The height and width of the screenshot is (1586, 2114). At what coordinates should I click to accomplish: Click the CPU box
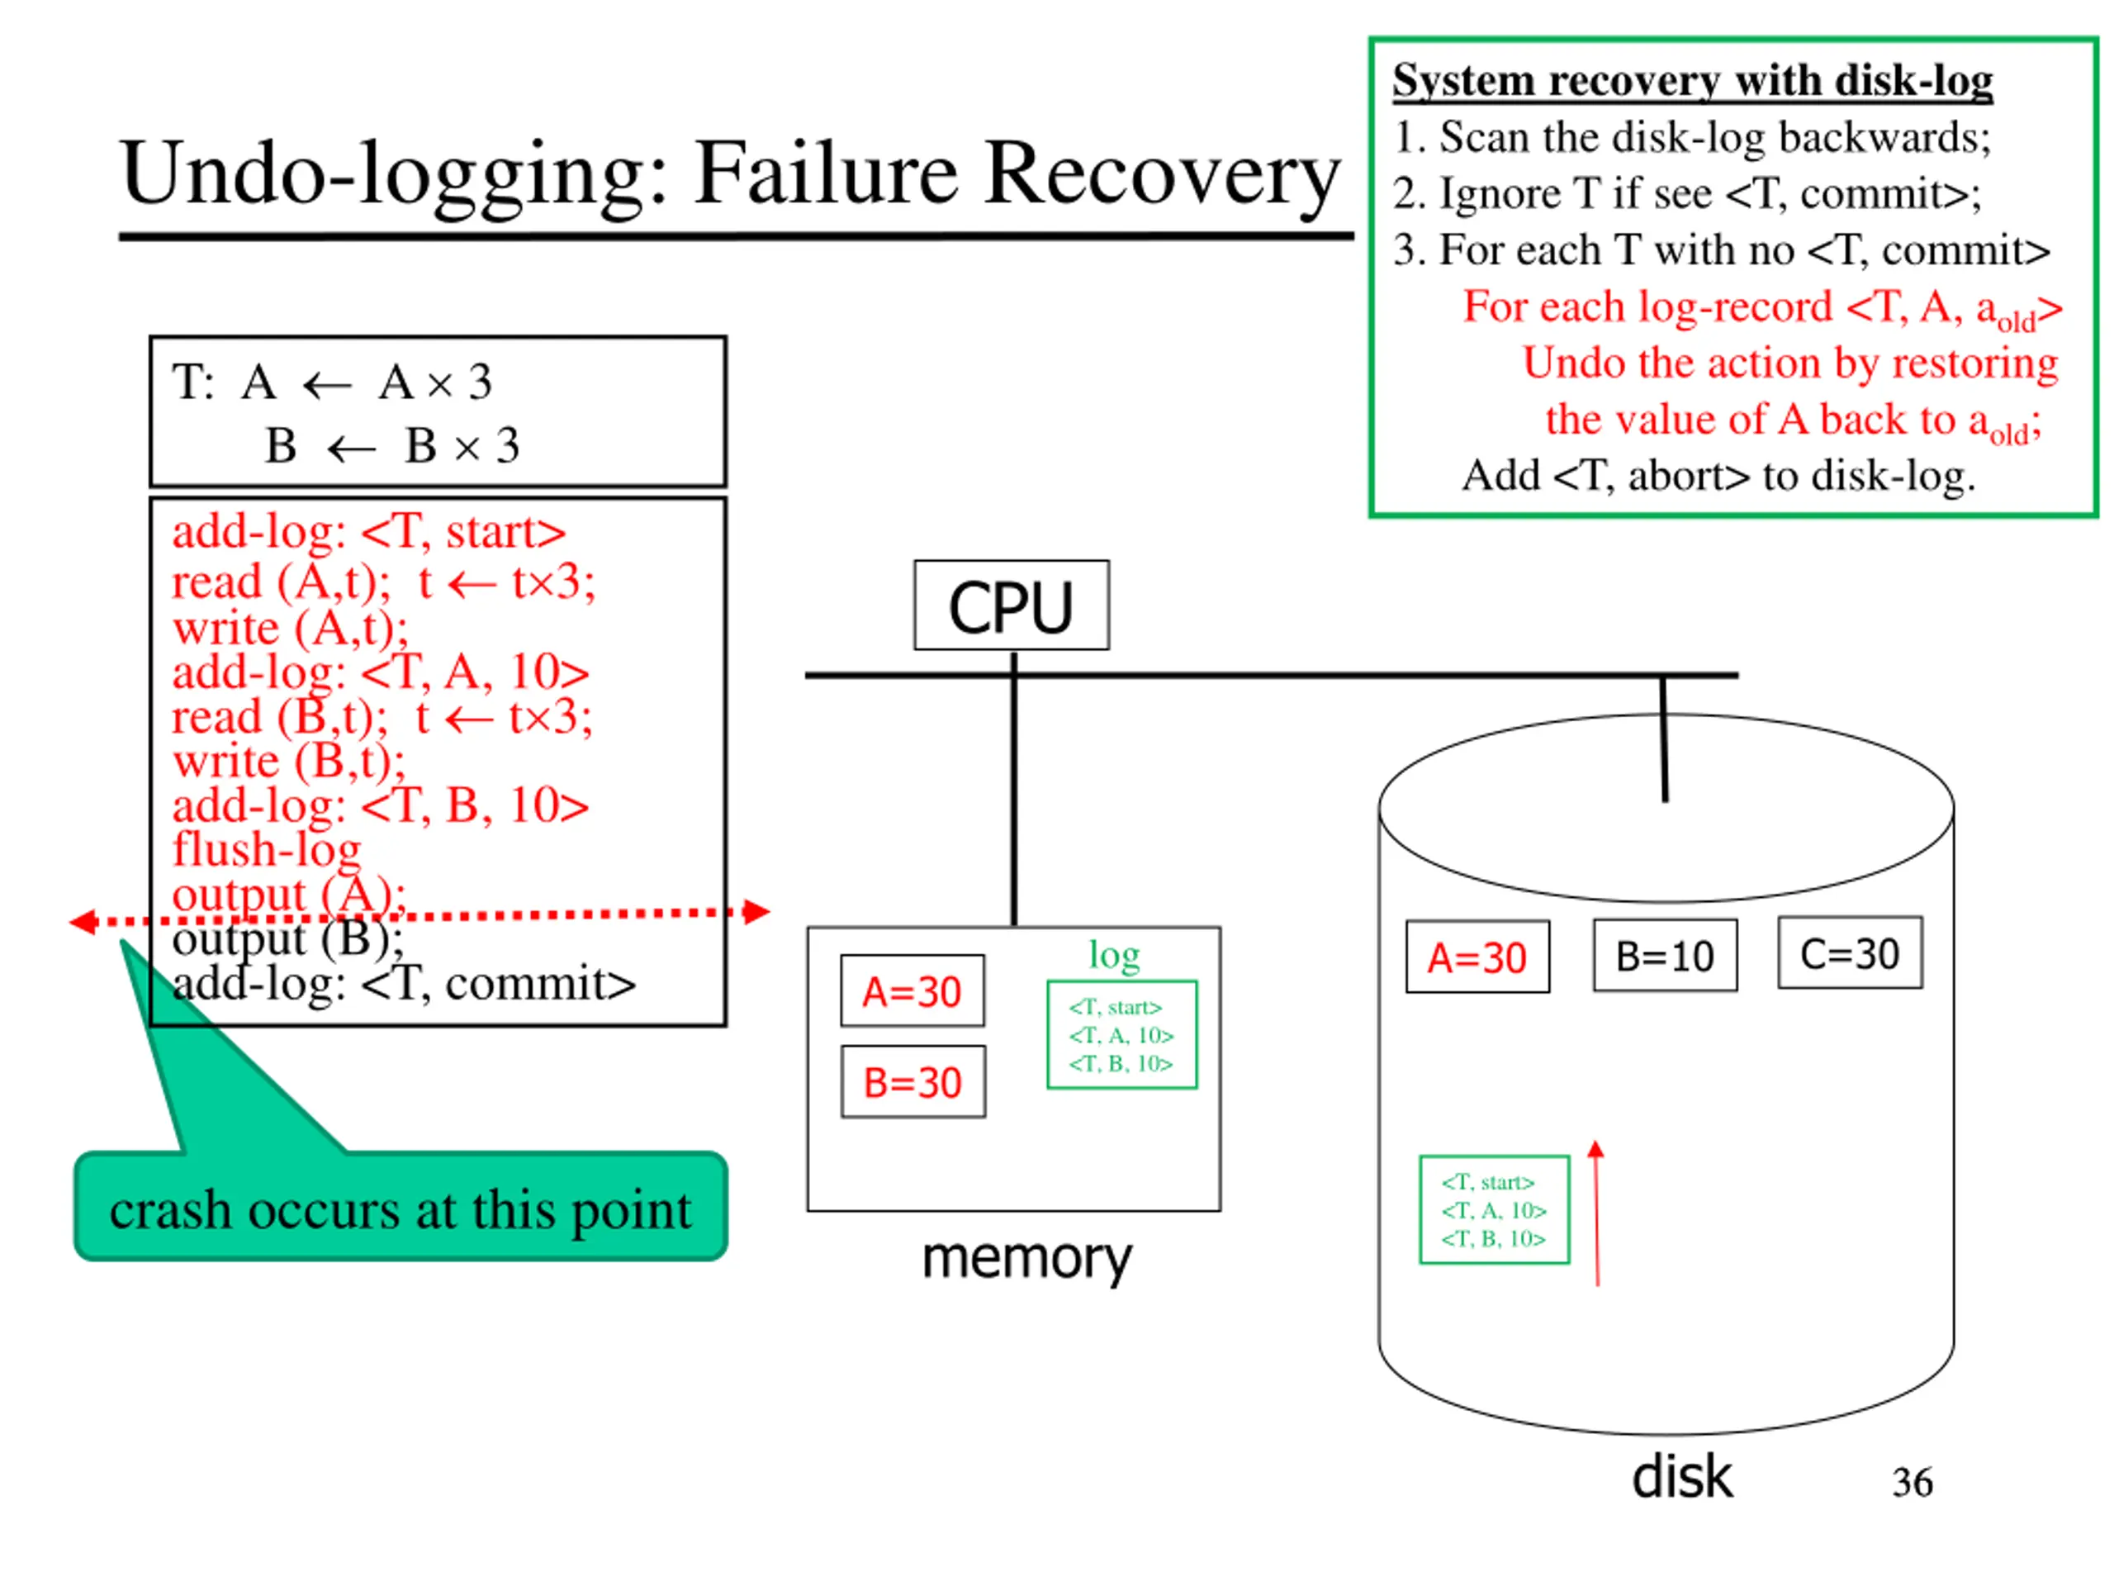1011,605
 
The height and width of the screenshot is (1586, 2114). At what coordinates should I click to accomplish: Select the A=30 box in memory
912,990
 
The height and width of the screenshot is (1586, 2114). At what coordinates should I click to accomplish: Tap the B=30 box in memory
912,1081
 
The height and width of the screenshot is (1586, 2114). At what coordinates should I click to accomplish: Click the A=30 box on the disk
1477,957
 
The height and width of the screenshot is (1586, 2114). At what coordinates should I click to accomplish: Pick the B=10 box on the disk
1665,955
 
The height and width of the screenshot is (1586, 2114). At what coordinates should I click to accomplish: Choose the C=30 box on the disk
1851,953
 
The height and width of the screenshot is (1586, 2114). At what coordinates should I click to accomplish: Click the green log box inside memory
1122,1034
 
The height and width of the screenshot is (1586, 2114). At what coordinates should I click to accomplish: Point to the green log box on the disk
1495,1209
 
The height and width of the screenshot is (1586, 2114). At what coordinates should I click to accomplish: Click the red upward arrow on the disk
1596,1213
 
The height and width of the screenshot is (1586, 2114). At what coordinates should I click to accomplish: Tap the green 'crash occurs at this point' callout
401,1207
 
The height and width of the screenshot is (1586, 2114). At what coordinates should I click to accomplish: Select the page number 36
1913,1482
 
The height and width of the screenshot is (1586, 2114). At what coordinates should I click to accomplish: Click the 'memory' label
1026,1258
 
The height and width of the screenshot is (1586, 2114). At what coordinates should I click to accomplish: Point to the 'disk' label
1682,1477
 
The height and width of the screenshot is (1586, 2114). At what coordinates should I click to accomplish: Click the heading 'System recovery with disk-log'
1693,79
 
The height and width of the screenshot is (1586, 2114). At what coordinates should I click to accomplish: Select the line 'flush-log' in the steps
267,849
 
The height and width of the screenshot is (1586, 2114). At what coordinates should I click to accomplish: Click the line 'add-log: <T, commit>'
403,983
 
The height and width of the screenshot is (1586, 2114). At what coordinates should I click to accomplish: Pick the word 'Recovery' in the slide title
1162,174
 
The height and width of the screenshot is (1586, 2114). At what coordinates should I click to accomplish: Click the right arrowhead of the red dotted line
757,911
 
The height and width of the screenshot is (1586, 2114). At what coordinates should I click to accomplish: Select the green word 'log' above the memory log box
1114,955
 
